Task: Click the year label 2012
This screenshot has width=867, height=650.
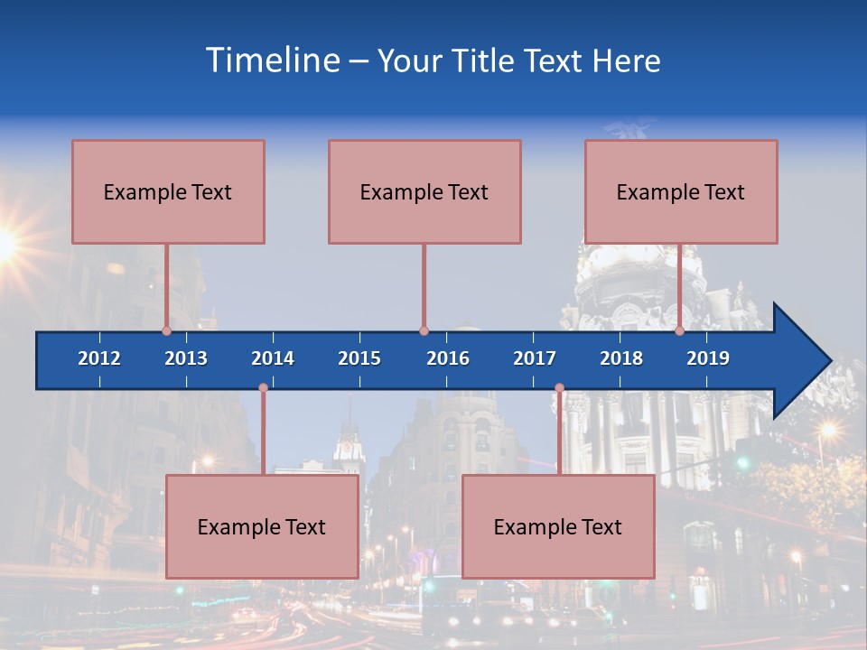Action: [x=99, y=358]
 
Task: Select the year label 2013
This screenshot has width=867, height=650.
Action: [x=186, y=358]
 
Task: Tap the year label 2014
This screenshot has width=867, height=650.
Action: [x=273, y=358]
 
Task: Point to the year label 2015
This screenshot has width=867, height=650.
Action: [x=359, y=358]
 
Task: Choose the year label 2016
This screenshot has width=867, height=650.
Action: [x=448, y=358]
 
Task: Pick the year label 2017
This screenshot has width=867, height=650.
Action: [x=535, y=358]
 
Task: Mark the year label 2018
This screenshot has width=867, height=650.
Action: [x=621, y=358]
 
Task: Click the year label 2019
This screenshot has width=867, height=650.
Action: [x=708, y=358]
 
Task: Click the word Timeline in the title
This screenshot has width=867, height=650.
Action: [x=272, y=60]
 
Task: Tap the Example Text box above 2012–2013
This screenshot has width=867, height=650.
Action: [x=168, y=191]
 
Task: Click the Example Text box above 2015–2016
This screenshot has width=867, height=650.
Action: [x=424, y=191]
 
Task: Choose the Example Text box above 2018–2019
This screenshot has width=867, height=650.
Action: [x=681, y=191]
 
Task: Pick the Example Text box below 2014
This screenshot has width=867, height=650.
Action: [x=262, y=526]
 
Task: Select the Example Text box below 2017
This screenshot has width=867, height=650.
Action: [x=558, y=526]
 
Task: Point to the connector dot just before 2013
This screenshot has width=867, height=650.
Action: [x=166, y=330]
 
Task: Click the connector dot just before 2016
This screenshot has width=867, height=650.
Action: [x=424, y=330]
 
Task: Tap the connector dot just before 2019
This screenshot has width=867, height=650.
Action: [x=679, y=330]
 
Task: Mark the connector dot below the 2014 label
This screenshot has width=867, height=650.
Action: [x=263, y=388]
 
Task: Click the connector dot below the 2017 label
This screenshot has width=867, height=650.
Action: [x=559, y=388]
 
